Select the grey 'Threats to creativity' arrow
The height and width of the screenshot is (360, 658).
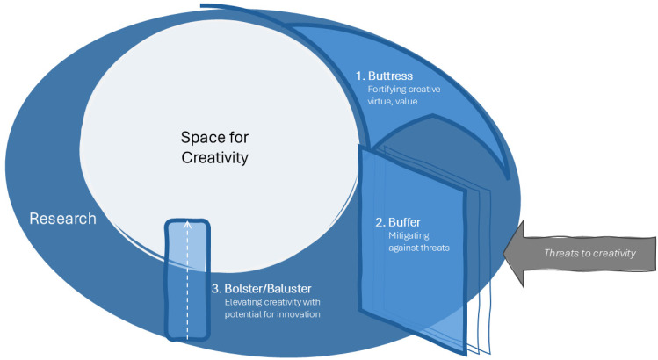tap(580, 253)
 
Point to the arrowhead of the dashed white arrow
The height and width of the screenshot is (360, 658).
tap(187, 223)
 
